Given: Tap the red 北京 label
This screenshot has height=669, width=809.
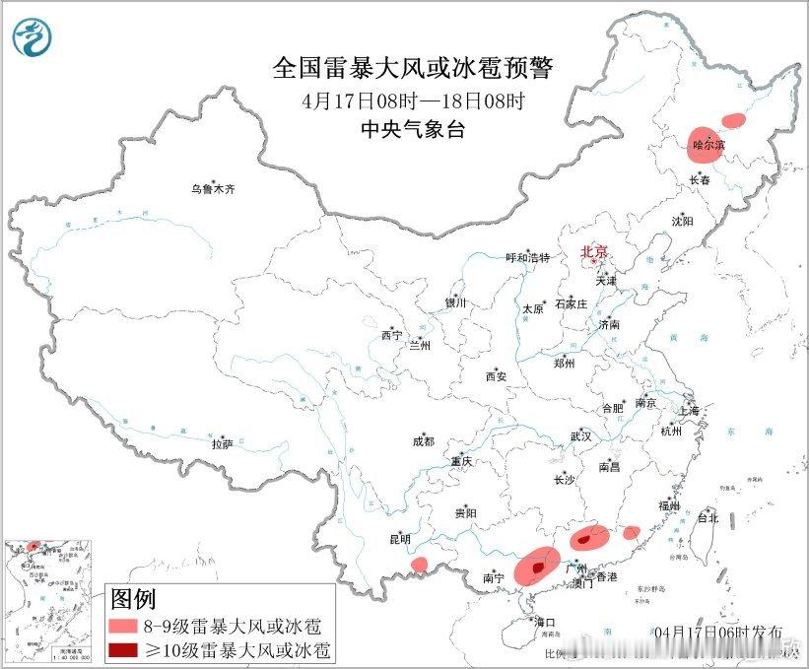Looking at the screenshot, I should pos(594,251).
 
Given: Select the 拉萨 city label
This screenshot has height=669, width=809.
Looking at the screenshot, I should pos(222,444).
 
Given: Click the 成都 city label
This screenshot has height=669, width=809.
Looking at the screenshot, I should pos(424,442).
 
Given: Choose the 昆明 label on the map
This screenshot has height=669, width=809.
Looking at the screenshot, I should pos(400,539).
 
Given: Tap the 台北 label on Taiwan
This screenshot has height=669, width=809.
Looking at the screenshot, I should pos(708,517).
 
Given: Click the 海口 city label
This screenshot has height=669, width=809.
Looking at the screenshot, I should pos(546,623).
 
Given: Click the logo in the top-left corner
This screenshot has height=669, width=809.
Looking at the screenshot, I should pos(33,36).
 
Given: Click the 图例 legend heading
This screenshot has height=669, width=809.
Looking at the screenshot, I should pos(133,598).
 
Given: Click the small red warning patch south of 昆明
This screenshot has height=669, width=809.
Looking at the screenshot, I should pos(419,565).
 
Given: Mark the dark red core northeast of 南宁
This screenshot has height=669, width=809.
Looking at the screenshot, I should pos(536,568).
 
